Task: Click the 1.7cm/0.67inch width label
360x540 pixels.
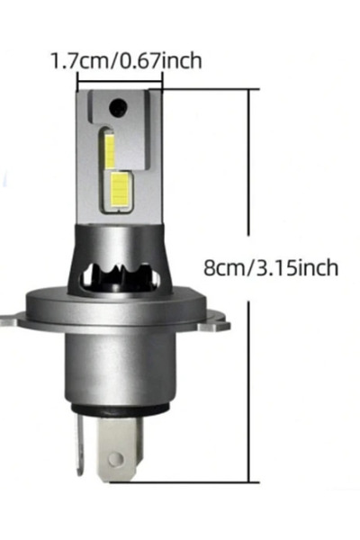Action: coord(126,61)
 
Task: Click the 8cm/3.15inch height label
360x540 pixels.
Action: coord(271,267)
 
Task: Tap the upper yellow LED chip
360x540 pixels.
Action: coord(110,151)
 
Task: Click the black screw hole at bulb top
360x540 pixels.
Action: coord(118,107)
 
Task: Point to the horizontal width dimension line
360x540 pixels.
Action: coord(121,82)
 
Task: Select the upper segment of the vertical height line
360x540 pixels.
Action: coord(248,163)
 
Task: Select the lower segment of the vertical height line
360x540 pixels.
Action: coord(248,391)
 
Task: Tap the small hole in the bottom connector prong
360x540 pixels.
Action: coord(116,458)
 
